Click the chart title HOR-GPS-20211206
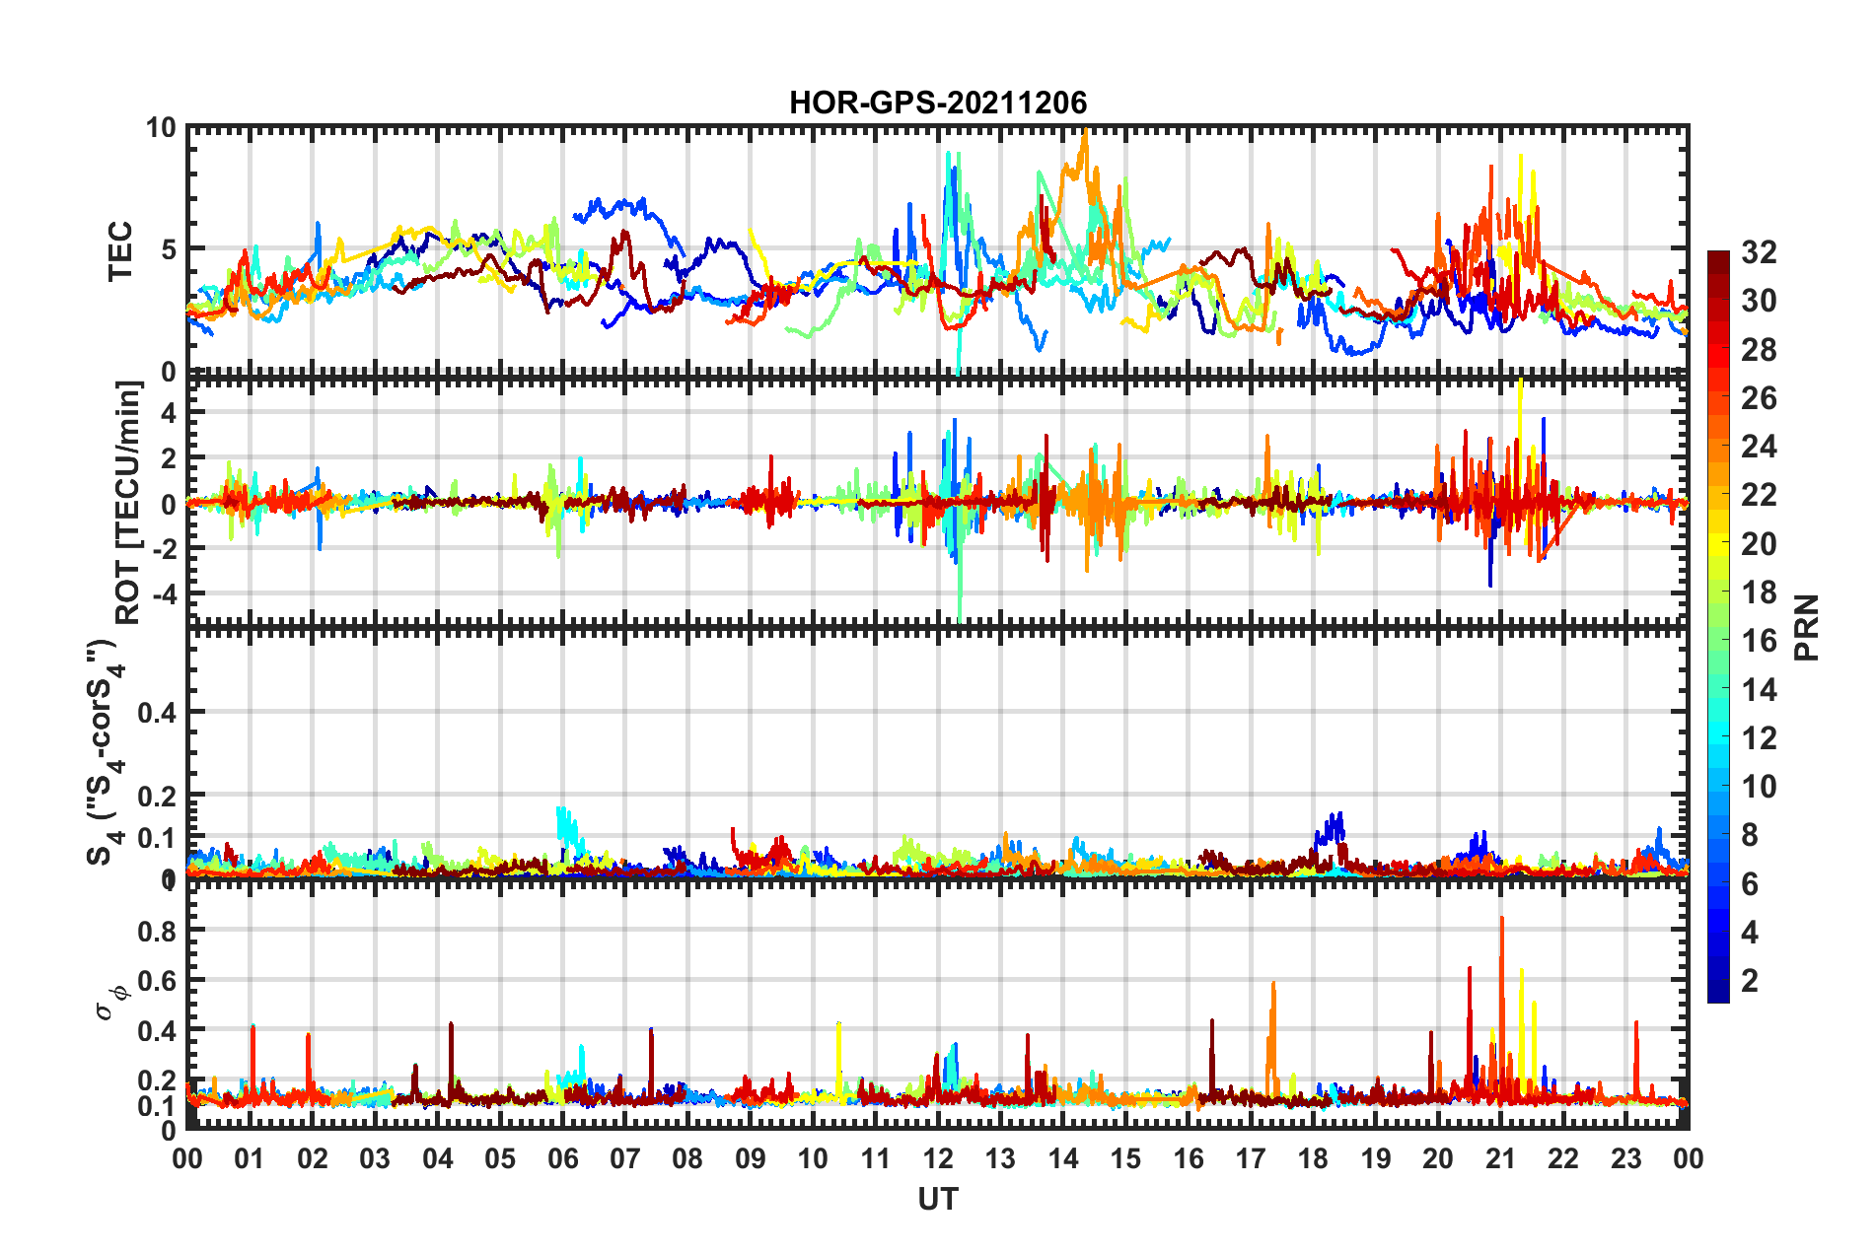pos(937,103)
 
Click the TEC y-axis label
pos(119,250)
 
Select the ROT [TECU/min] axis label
pos(128,503)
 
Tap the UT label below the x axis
pos(937,1199)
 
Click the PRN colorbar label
pos(1807,627)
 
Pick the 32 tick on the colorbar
pos(1759,252)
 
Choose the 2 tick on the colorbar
pos(1750,980)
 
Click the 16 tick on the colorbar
pos(1759,641)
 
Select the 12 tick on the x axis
pos(938,1158)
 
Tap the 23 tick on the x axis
pos(1625,1158)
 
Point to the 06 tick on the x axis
pos(562,1158)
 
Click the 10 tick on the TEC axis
pos(161,128)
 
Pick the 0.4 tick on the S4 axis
pos(157,712)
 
